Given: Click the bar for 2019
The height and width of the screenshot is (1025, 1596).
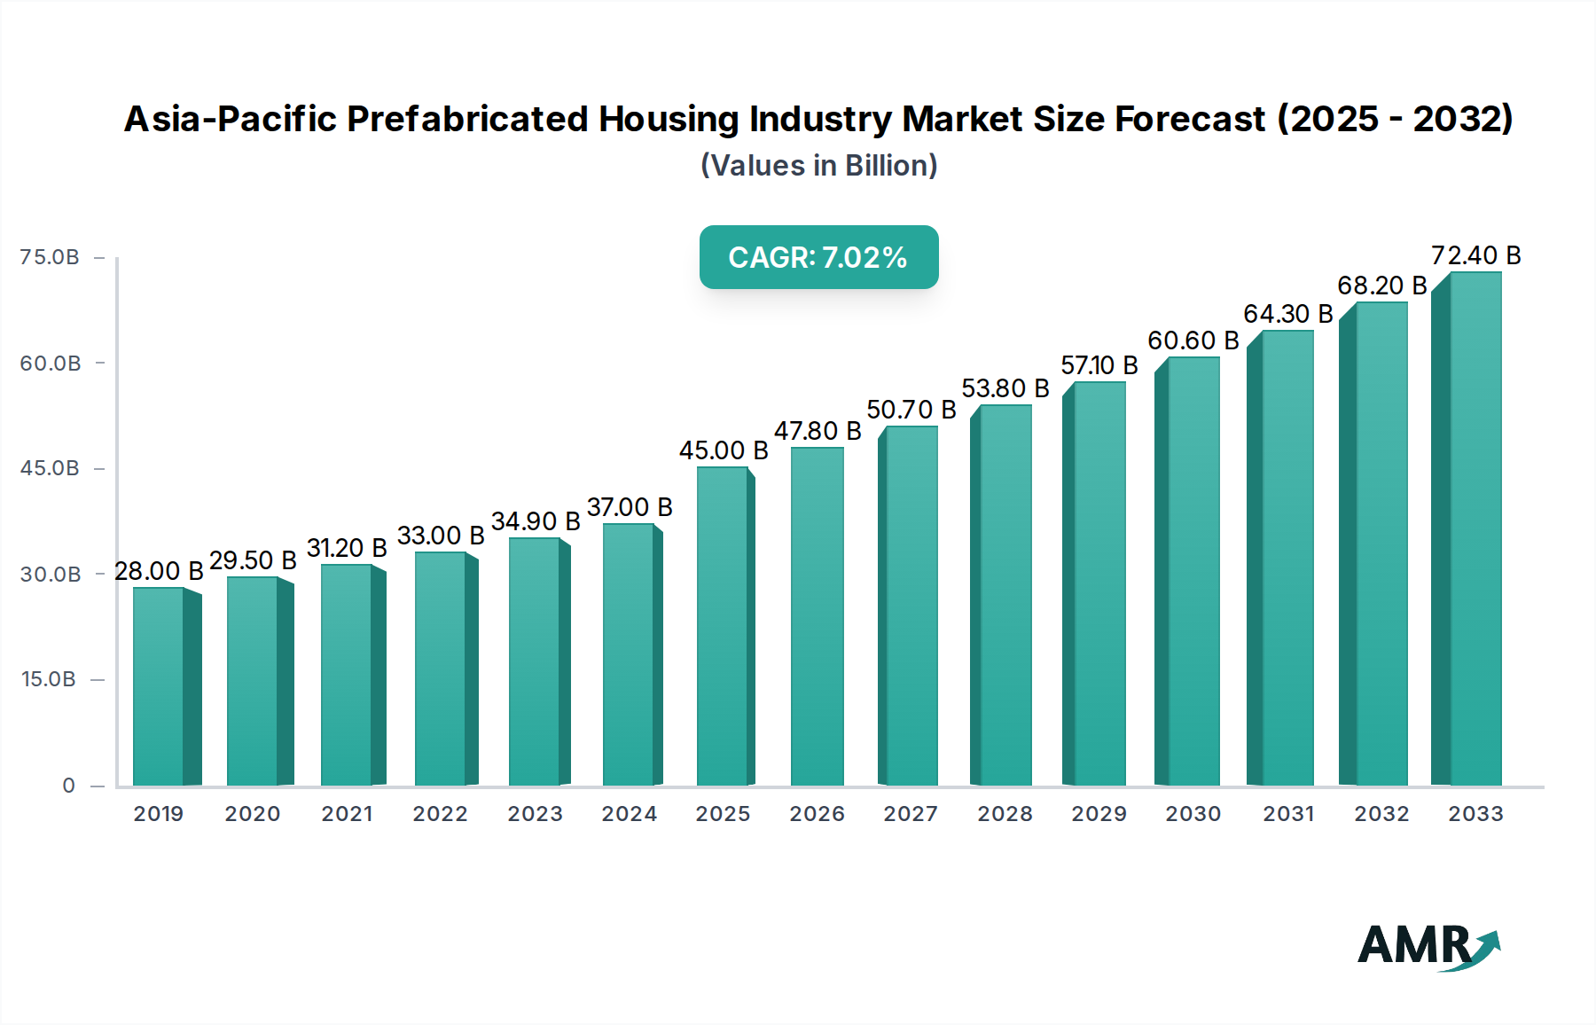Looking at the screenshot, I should pos(160,687).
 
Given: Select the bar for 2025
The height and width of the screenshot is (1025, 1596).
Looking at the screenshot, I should pos(723,626).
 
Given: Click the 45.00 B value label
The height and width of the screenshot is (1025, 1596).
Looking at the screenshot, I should pos(724,450).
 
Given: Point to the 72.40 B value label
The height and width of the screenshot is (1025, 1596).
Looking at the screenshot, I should pos(1475,255).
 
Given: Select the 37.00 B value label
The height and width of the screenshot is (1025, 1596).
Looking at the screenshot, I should pos(630,507).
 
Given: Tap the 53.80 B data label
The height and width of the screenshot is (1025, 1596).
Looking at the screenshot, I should pos(1005,388).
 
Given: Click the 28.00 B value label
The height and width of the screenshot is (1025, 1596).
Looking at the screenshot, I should pos(159,571).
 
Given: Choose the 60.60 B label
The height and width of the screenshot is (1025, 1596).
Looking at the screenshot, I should pos(1193,340).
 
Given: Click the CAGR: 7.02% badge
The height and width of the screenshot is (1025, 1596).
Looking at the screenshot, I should pos(818,257).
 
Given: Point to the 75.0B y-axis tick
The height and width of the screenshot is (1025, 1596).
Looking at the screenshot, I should pos(50,257).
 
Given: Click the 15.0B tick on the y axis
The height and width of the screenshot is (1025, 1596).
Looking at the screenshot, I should pos(49,679).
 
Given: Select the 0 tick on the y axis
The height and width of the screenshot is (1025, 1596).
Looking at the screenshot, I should pos(68,786).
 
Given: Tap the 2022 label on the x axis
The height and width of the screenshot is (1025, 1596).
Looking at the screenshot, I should pos(440,814).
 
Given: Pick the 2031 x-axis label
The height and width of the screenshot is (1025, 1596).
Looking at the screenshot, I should pos(1287,814).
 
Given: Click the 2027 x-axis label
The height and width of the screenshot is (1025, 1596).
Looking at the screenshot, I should pos(911,814).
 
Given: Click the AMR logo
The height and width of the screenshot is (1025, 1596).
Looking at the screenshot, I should pos(1428,946).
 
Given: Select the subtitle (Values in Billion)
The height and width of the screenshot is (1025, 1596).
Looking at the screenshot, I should pos(818,165).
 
